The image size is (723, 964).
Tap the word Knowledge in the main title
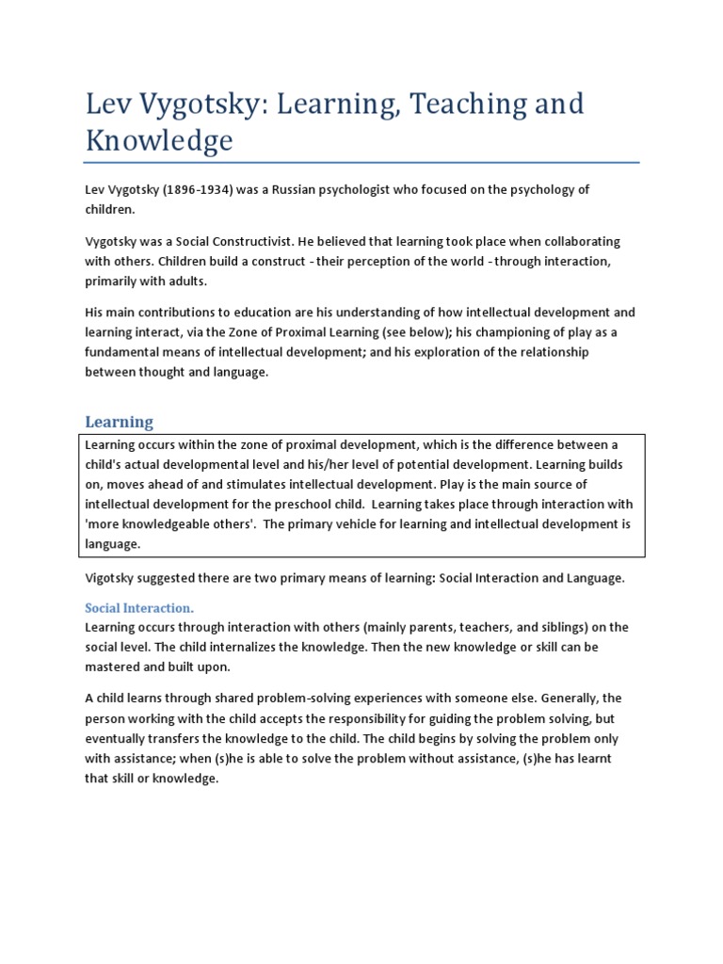pos(158,140)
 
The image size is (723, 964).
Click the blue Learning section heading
pos(119,421)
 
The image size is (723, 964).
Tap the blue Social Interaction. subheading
pos(139,607)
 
